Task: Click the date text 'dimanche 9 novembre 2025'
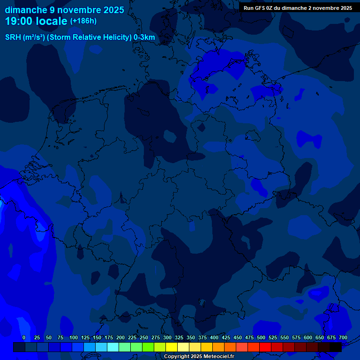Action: (64, 10)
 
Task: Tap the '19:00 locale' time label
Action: (37, 21)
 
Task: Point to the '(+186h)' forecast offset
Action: (83, 21)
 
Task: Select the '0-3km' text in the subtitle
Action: (144, 37)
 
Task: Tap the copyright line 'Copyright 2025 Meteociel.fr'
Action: (199, 357)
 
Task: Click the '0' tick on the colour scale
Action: (24, 337)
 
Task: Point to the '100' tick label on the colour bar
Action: (74, 337)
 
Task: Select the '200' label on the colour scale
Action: (120, 337)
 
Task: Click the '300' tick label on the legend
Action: (167, 337)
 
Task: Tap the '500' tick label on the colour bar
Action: (261, 337)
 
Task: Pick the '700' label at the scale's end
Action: (343, 337)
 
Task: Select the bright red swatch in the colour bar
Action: (265, 347)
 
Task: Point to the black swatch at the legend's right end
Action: (336, 347)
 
